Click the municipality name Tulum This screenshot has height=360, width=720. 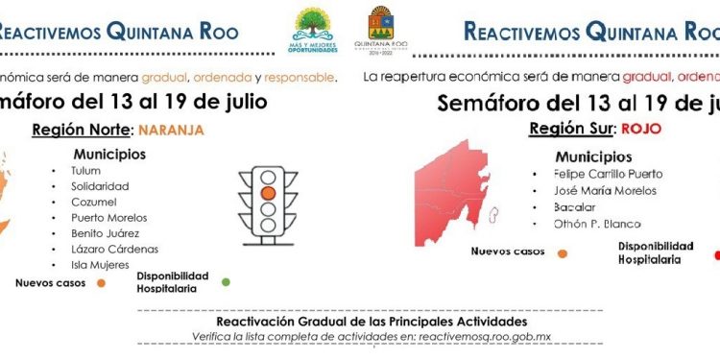point(85,171)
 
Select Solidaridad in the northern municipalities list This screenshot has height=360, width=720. point(100,186)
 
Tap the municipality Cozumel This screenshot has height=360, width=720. point(94,202)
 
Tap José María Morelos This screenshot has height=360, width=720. point(605,191)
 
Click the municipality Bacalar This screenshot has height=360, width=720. point(575,207)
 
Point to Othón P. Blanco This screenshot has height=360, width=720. point(597,224)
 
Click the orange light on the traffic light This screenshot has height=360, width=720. point(268,192)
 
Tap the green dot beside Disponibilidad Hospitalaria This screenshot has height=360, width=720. point(226,282)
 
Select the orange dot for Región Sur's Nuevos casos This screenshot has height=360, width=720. point(562,254)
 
